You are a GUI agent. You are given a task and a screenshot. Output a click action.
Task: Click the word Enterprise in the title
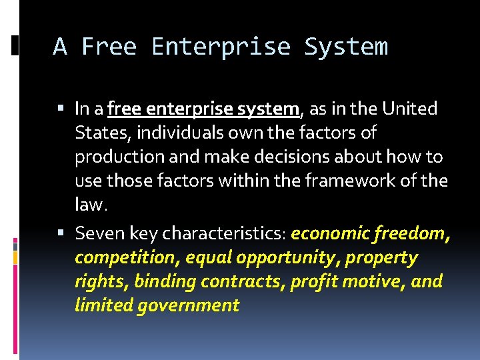pyautogui.click(x=221, y=47)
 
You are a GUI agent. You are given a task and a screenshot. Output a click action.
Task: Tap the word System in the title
pyautogui.click(x=345, y=47)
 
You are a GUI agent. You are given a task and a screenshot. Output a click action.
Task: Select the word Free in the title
pyautogui.click(x=109, y=47)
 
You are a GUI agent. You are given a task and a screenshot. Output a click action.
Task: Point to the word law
pyautogui.click(x=89, y=205)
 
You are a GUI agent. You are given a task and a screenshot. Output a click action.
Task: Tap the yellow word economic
pyautogui.click(x=331, y=234)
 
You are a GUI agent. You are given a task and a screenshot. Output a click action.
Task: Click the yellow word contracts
pyautogui.click(x=245, y=282)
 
